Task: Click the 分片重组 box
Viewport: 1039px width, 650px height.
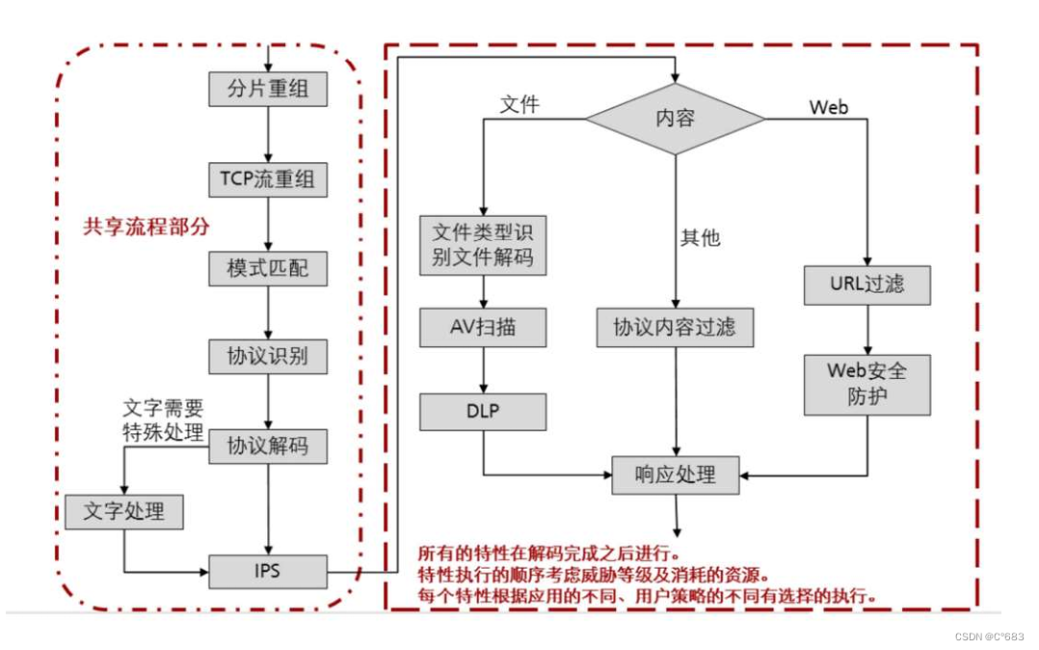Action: pos(268,91)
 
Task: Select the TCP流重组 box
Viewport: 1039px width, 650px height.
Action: pos(268,179)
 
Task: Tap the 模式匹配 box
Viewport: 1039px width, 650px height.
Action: pos(268,269)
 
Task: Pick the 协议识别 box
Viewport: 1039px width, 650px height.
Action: pos(268,357)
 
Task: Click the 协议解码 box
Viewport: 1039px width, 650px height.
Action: pos(268,447)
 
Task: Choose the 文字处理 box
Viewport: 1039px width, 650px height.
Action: pos(123,511)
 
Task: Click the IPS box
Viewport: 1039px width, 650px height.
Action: pos(268,571)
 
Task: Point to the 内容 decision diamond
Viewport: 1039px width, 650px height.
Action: pos(675,119)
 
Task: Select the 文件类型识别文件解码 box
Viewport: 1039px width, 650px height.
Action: pos(483,246)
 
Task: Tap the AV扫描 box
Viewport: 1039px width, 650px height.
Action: pos(483,328)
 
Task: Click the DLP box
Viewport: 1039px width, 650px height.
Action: pos(483,411)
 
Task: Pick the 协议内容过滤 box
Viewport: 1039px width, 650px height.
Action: pos(675,328)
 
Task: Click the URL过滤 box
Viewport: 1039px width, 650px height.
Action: pos(867,285)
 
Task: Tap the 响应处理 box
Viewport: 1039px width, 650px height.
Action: pos(675,475)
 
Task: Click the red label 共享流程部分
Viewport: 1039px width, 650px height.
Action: pos(146,228)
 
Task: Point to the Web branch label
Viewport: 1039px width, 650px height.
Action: pos(829,107)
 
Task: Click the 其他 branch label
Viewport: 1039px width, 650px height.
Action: pos(701,237)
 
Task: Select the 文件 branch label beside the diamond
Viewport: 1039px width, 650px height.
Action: pos(519,105)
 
